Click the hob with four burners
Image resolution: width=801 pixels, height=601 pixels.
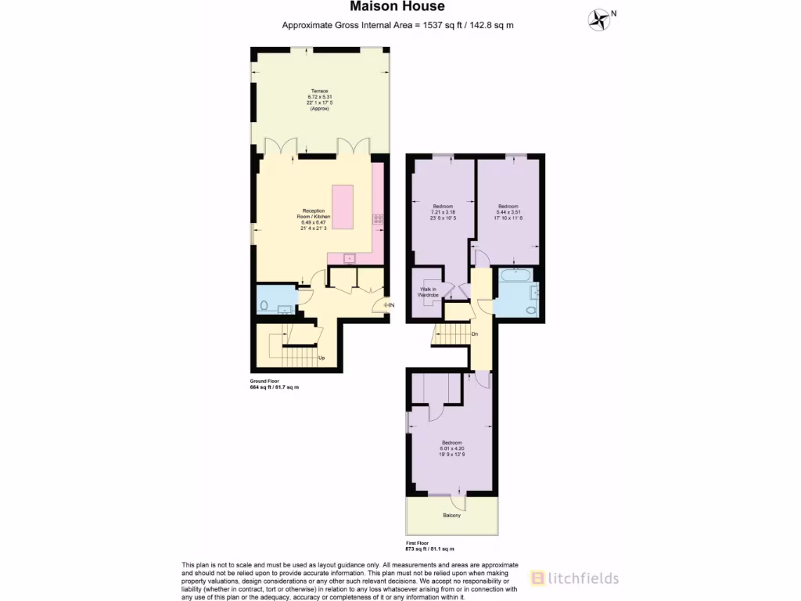click(379, 219)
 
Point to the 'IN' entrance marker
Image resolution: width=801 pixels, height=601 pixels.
click(390, 304)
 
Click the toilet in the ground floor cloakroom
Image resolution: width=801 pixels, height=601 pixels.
click(264, 305)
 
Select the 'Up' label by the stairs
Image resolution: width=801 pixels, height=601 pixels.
click(321, 358)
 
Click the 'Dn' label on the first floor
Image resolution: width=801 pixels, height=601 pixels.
click(475, 334)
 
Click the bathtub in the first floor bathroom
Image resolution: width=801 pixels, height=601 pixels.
click(514, 275)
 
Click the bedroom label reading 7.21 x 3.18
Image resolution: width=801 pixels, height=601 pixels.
click(443, 212)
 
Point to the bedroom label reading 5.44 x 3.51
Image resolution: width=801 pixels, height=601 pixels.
click(508, 212)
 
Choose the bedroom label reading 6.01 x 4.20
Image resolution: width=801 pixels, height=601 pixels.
click(451, 447)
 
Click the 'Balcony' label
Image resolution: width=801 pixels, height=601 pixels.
click(451, 516)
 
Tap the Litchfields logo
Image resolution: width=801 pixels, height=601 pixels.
click(575, 578)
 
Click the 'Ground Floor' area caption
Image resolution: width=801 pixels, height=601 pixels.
click(275, 385)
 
